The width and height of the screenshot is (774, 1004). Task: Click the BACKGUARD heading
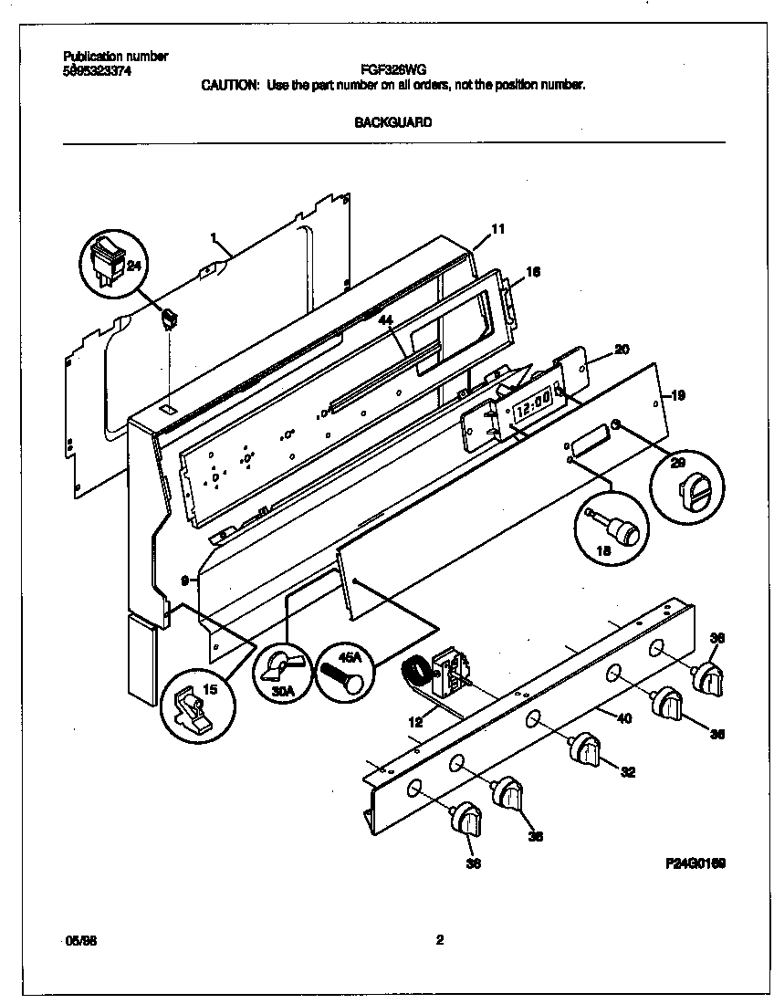click(392, 121)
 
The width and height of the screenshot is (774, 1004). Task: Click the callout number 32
click(627, 773)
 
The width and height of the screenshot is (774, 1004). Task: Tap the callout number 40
click(624, 718)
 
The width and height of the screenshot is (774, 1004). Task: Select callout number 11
click(497, 229)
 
